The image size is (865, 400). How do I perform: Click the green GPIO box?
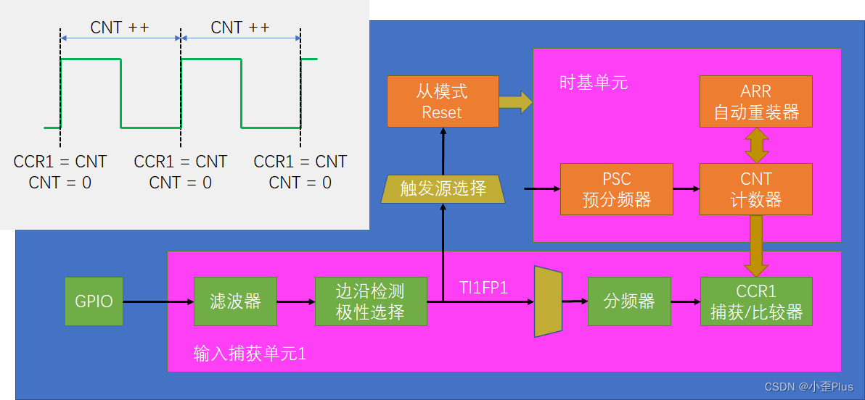point(94,301)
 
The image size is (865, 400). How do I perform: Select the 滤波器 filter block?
point(235,301)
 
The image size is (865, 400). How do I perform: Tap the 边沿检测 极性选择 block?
point(370,301)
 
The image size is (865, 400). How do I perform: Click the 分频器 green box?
point(628,301)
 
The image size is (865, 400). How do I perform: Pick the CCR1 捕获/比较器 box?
point(755,301)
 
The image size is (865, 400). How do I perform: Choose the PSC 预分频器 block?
point(616,189)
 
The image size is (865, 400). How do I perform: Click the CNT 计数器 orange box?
point(755,189)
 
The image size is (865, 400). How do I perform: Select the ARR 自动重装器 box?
point(755,101)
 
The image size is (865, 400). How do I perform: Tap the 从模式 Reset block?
point(443,101)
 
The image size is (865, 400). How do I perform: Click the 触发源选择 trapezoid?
point(443,189)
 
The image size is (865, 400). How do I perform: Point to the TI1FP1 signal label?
point(483,288)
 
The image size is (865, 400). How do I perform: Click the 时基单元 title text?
point(593,82)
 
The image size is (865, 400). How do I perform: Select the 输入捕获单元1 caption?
point(250,354)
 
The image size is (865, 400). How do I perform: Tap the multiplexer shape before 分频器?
point(548,301)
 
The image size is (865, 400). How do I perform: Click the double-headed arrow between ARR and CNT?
point(755,145)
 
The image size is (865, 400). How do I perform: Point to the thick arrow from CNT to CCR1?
point(755,246)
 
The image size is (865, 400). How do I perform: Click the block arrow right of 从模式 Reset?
point(515,101)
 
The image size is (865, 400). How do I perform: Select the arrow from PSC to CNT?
point(686,189)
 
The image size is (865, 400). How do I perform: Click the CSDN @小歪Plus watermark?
point(808,387)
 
